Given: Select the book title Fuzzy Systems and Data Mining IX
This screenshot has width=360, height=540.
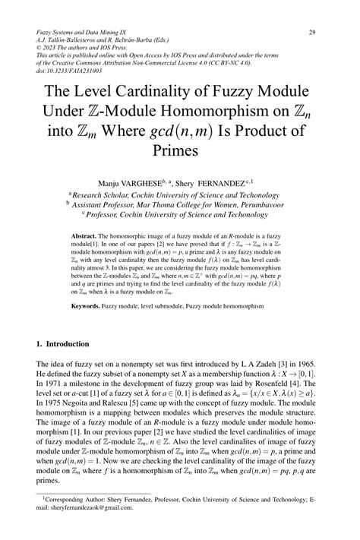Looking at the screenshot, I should (x=84, y=33).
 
